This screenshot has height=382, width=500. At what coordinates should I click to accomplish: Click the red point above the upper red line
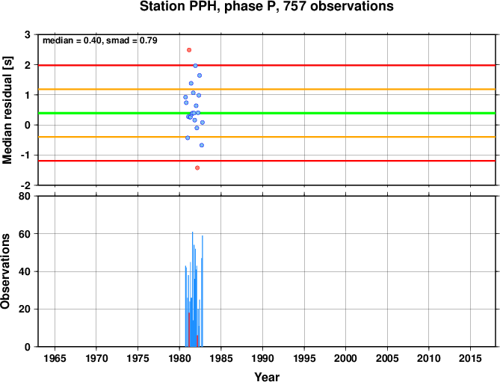click(x=189, y=50)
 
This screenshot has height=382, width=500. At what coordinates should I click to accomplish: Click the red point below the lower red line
click(x=197, y=167)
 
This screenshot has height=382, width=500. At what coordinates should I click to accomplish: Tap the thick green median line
click(x=267, y=113)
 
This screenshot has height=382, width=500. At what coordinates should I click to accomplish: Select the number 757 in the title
click(x=294, y=6)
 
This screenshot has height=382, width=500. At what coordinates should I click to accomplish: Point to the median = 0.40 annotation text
click(x=72, y=40)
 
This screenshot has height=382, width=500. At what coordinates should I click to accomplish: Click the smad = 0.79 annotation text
click(x=132, y=40)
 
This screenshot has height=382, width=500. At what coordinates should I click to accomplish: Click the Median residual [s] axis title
click(x=7, y=110)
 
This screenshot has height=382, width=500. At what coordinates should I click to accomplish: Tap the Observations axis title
click(x=5, y=271)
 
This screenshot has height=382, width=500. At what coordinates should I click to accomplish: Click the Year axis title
click(x=267, y=377)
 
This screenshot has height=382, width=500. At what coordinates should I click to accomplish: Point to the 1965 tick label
click(x=55, y=358)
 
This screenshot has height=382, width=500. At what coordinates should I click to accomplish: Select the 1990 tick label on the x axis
click(x=262, y=358)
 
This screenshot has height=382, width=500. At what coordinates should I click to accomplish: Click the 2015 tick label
click(x=470, y=358)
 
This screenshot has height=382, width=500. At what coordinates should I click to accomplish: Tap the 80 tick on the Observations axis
click(x=25, y=196)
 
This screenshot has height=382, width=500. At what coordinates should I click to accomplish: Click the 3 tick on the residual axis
click(x=28, y=34)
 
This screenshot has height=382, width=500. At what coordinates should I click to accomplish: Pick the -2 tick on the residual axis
click(x=26, y=185)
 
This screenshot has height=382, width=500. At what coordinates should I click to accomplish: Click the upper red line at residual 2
click(x=267, y=65)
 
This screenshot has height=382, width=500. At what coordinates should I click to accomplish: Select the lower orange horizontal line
click(x=267, y=137)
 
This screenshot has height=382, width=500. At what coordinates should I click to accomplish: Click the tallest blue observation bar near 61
click(x=192, y=289)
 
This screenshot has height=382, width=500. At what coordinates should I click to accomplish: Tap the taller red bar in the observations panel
click(x=189, y=330)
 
